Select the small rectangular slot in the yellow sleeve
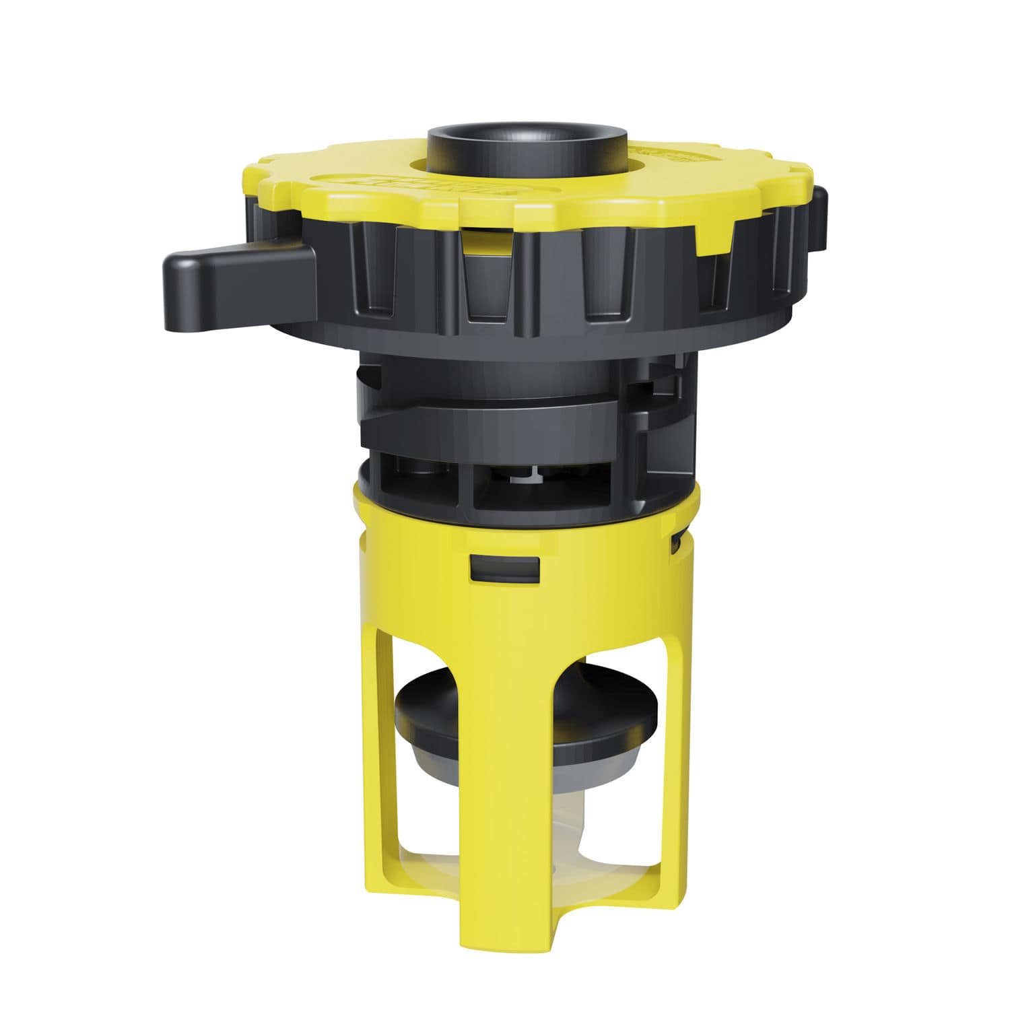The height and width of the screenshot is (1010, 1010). pos(504,568)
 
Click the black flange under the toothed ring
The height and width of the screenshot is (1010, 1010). pos(512,337)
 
